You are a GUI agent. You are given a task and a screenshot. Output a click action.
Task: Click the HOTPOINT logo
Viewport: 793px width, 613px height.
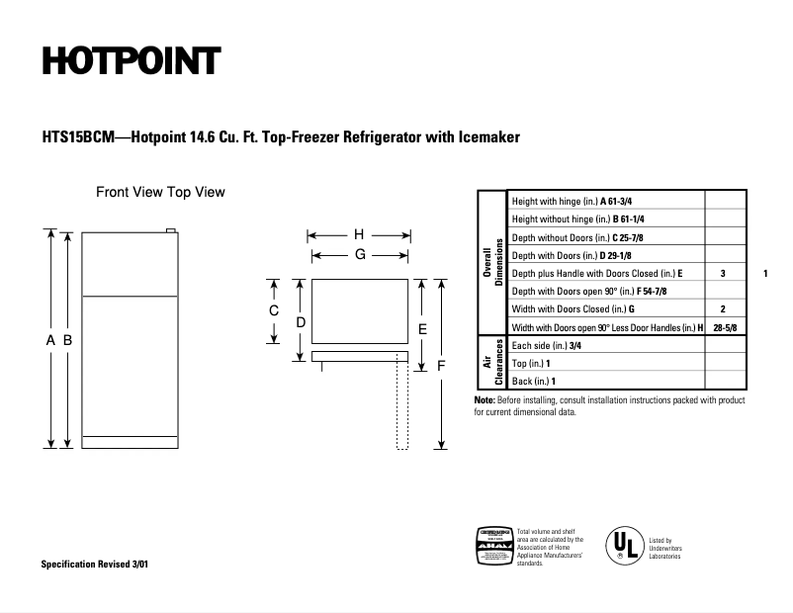point(131,61)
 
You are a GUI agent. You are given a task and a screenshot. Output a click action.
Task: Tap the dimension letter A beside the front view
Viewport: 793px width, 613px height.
point(50,340)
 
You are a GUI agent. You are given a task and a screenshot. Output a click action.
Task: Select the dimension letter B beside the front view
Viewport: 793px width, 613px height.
point(67,340)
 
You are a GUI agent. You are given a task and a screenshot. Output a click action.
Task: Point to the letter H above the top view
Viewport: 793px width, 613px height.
point(359,235)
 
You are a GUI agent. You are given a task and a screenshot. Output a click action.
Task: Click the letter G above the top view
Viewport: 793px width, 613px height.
point(360,254)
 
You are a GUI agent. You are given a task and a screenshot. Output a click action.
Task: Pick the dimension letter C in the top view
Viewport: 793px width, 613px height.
point(274,310)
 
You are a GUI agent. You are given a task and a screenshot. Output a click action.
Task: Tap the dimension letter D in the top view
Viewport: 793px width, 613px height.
point(301,322)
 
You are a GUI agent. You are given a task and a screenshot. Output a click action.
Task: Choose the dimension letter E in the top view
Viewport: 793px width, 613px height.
point(422,328)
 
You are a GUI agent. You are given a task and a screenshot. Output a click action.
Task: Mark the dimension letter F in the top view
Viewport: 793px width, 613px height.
point(442,365)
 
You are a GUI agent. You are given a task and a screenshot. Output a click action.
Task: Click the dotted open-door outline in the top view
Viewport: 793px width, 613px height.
point(402,405)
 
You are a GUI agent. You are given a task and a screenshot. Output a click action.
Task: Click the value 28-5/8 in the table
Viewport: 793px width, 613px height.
point(724,327)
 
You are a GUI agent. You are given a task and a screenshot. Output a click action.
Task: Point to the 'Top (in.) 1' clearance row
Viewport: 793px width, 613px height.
point(533,364)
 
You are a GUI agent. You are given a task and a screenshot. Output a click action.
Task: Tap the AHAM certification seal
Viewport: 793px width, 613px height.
point(495,546)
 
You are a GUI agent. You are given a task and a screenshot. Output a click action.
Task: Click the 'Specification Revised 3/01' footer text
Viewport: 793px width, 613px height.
point(96,564)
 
